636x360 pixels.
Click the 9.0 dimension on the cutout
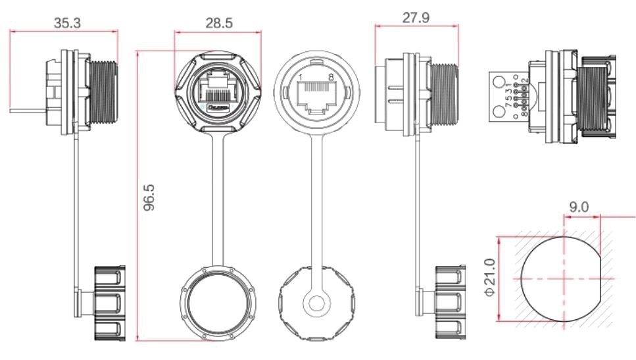click(x=579, y=207)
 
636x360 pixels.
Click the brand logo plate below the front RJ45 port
click(x=218, y=105)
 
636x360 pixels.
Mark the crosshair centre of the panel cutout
click(x=566, y=279)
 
